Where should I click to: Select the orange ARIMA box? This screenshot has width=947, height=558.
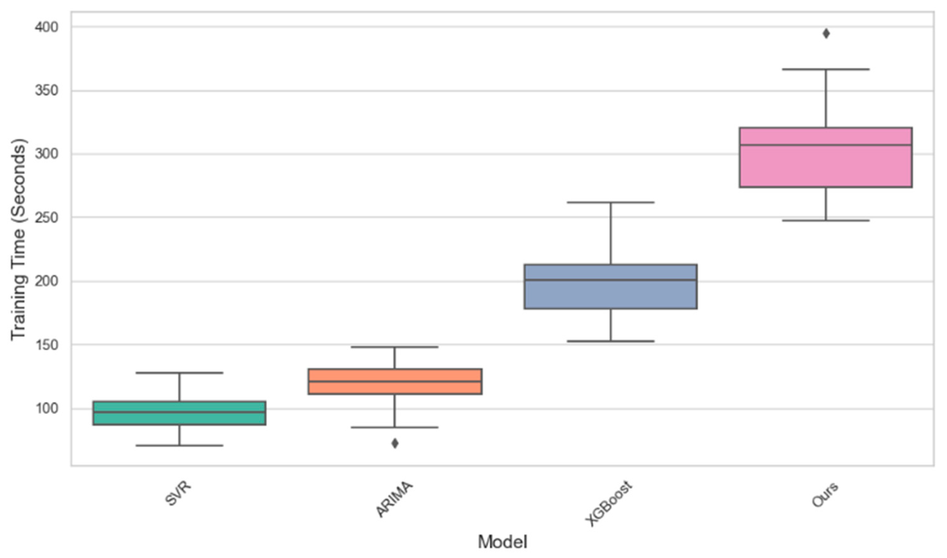[395, 381]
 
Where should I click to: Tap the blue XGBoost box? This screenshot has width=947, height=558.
[610, 287]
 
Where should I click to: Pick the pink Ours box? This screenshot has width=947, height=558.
[826, 157]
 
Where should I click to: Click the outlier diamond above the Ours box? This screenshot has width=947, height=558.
[826, 33]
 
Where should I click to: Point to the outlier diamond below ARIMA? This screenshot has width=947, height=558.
[395, 443]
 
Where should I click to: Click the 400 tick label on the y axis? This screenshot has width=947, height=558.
[47, 27]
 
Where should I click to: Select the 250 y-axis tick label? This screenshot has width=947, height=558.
[47, 218]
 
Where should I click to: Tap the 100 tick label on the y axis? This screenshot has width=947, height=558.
[47, 408]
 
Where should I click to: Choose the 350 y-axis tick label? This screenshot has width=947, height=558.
[47, 91]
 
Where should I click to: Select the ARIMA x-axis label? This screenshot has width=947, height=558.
[394, 499]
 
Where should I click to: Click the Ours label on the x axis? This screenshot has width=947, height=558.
[825, 495]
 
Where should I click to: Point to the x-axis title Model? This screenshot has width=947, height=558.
[502, 542]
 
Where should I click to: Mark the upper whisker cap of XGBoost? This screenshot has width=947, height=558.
[610, 202]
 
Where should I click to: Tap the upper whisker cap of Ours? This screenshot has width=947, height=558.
[826, 69]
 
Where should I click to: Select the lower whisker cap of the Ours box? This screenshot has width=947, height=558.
[826, 220]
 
